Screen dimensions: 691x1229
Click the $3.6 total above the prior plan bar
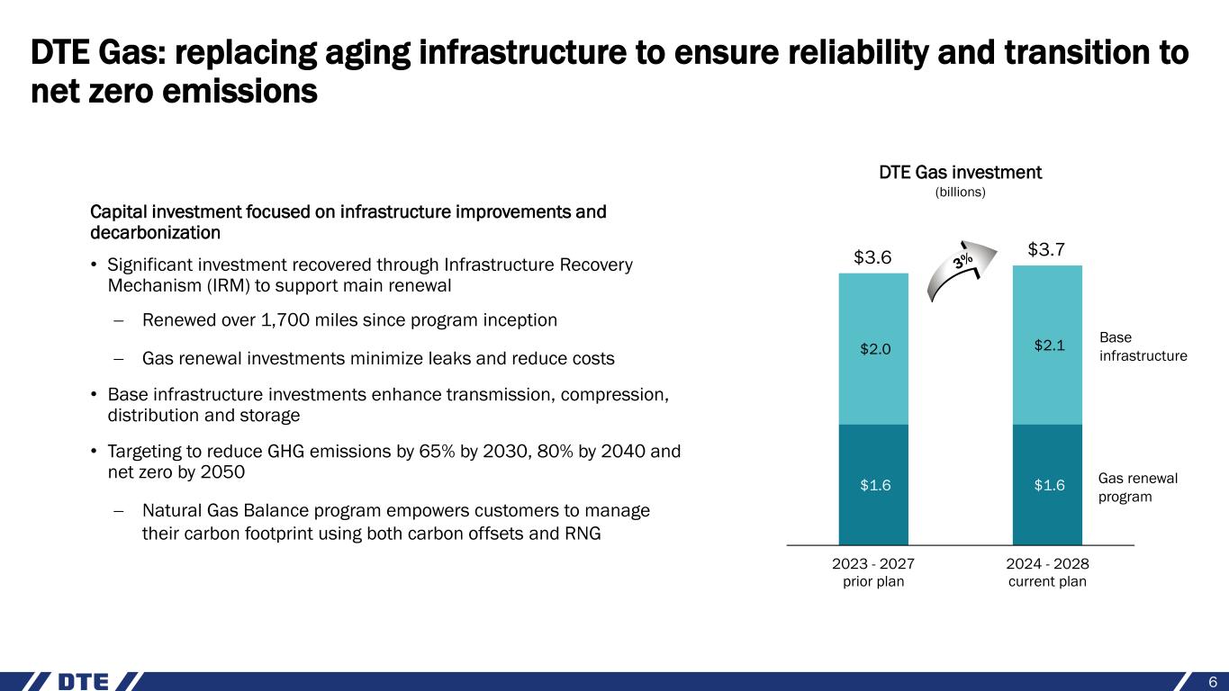pyautogui.click(x=872, y=258)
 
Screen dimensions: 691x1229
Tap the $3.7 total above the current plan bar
pyautogui.click(x=1047, y=249)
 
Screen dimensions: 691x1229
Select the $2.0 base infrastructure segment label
pyautogui.click(x=872, y=349)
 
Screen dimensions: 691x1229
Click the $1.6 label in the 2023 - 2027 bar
pyautogui.click(x=872, y=486)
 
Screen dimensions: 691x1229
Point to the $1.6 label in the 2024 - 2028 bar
pyautogui.click(x=1047, y=486)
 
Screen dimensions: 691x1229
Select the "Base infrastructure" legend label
pyautogui.click(x=1143, y=346)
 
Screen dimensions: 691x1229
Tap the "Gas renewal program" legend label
pyautogui.click(x=1139, y=487)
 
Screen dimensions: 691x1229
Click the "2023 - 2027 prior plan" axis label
pyautogui.click(x=872, y=572)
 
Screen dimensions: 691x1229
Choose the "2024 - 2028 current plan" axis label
pyautogui.click(x=1047, y=572)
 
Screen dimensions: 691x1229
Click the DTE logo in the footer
pyautogui.click(x=83, y=681)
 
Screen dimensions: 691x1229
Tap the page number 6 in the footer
pyautogui.click(x=1213, y=680)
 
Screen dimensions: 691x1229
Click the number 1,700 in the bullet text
pyautogui.click(x=272, y=320)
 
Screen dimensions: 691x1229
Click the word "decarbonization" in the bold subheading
pyautogui.click(x=155, y=232)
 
